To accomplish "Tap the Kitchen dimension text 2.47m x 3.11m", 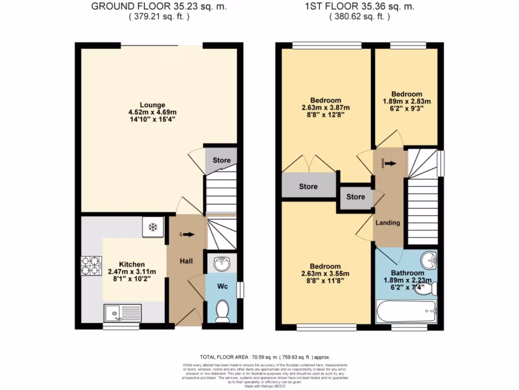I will point(132,272).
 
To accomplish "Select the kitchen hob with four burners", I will point(91,265).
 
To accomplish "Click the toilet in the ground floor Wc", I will point(221,311).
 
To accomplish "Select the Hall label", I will point(187,261).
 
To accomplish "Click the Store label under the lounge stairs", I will point(221,160).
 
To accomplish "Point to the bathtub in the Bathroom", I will point(406,309).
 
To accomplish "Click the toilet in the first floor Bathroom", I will point(429,289).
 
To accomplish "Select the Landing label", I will point(388,222).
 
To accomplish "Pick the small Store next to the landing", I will point(355,197).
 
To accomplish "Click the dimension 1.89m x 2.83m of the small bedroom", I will point(406,101).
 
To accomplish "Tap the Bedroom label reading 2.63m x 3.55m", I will point(325,273).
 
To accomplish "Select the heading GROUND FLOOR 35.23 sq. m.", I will point(159,7).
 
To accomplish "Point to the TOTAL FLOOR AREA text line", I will point(259,357).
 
